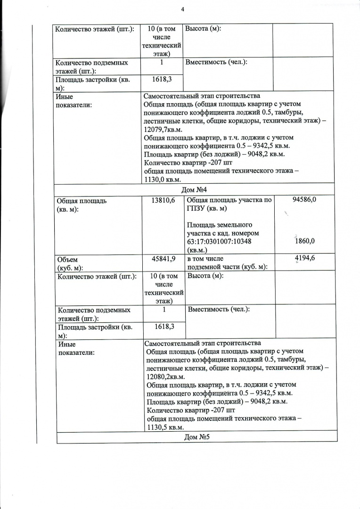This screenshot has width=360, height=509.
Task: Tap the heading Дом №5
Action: (196, 437)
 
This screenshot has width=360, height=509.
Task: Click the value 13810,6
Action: (163, 201)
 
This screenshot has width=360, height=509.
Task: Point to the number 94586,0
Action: (304, 200)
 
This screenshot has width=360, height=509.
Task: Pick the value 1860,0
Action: (304, 241)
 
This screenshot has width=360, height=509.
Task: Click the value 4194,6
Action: (305, 258)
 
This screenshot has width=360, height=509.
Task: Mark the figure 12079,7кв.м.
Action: (161, 129)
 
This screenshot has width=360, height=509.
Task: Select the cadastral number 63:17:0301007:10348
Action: (222, 242)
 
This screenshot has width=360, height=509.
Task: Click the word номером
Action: (252, 233)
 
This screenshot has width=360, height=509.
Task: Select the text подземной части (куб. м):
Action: (227, 267)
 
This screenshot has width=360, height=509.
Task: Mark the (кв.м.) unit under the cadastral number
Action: (198, 250)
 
